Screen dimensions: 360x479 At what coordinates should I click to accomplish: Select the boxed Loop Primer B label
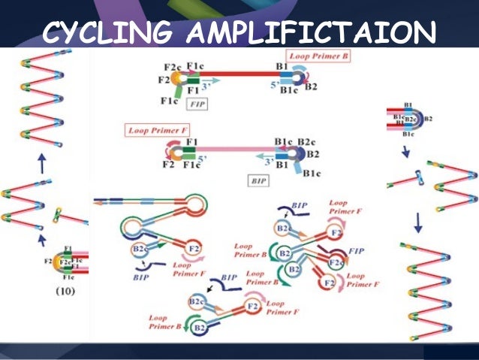318,56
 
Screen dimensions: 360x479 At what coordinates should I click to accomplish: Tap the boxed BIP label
257,180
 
